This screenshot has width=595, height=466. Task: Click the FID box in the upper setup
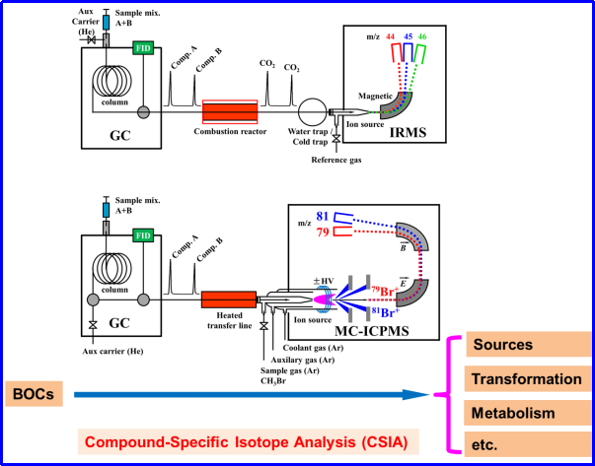point(143,47)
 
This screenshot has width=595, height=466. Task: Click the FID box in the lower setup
point(143,235)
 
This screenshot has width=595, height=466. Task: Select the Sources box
point(528,345)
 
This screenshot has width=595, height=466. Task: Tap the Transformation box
point(528,379)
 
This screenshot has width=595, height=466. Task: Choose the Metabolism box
point(528,413)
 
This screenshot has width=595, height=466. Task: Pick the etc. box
point(528,444)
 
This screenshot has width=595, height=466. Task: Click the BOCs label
point(34,394)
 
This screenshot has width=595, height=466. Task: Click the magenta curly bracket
point(451,394)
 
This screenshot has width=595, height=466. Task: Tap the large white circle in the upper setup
point(312,112)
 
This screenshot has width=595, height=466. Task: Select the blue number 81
point(322,216)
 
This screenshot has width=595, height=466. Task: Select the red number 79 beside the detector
point(322,233)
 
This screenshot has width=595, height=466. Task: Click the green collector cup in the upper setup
point(421,52)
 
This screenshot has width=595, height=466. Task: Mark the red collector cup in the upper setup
point(397,51)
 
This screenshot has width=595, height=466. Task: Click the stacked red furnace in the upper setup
point(230,112)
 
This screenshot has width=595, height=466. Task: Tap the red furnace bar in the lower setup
point(229,299)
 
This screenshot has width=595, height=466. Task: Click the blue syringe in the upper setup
point(106,23)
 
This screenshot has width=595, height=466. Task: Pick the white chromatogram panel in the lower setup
point(182,277)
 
